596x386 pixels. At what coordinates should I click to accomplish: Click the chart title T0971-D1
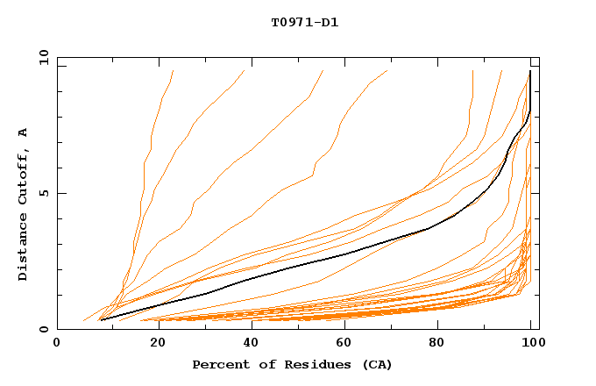coord(304,22)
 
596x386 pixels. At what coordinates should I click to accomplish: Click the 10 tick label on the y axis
coord(42,57)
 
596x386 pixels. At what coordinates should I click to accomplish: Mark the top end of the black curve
coord(529,72)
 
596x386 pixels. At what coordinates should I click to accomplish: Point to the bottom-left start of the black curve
coord(102,319)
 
